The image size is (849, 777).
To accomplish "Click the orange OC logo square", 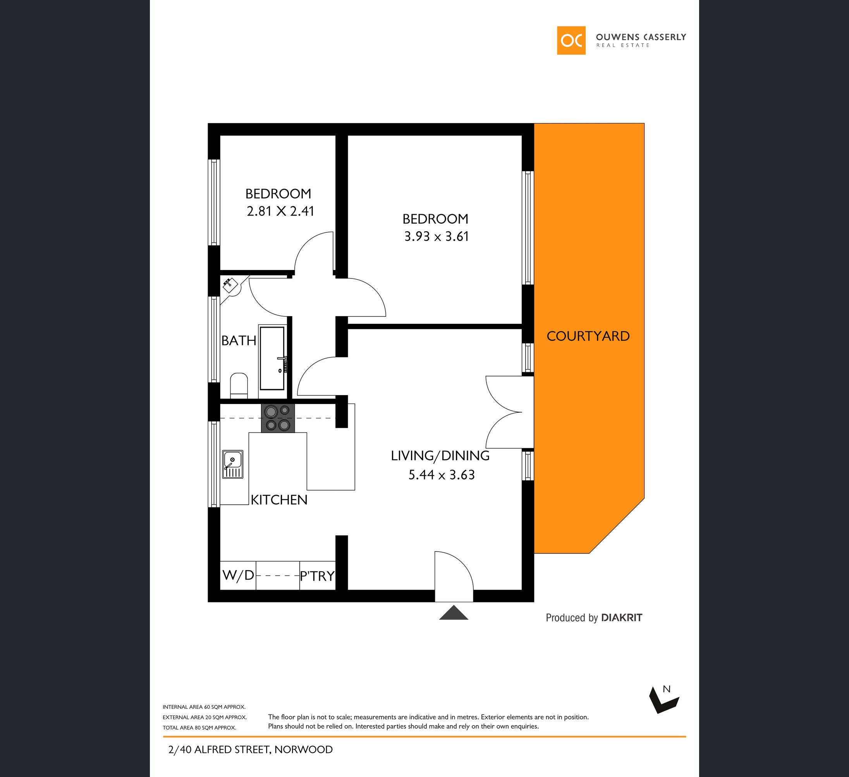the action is coord(571,40).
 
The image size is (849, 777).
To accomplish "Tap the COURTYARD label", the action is coord(588,336).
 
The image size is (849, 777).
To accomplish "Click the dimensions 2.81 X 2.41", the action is coord(280,211).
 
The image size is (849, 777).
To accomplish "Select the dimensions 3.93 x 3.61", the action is coord(436,236).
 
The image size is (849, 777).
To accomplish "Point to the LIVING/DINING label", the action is coord(440,456).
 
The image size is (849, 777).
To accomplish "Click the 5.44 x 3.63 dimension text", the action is coord(441,474).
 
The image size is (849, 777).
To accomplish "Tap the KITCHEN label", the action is coord(279,500).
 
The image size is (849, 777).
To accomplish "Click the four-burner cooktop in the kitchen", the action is coord(278,418).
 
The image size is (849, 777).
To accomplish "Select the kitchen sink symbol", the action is coord(232,464).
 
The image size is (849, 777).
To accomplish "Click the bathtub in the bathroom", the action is coord(272,358).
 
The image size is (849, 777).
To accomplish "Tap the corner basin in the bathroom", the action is coord(230,285).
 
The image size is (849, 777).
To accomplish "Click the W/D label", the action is coord(238,575).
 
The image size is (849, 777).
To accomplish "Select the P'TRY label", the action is coord(317,576).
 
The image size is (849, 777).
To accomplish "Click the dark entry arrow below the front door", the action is coord(454,613).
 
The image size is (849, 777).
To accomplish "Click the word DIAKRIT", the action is coord(622,618).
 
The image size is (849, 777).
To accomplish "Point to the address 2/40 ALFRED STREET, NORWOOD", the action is coord(250,749).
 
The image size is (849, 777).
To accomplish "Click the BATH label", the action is coord(239,340).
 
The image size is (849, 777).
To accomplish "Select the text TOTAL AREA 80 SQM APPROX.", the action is coord(199,728).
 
